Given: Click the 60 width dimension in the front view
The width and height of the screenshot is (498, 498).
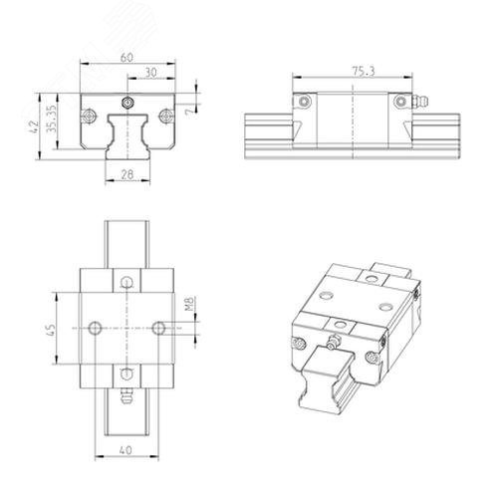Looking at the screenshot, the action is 126,58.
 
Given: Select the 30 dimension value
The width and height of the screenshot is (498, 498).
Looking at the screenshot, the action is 151,73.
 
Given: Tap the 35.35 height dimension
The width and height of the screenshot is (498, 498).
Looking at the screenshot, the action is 52,119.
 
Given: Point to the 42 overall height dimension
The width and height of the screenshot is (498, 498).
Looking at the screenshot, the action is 34,126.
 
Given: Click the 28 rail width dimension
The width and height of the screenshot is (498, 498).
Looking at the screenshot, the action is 127,174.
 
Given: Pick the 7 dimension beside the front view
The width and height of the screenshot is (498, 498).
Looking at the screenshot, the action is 189,112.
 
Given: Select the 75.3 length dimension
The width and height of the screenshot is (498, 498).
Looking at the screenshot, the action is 364,72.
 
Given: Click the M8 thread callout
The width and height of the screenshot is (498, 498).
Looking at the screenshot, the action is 189,304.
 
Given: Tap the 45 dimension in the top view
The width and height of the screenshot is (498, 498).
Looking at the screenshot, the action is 52,331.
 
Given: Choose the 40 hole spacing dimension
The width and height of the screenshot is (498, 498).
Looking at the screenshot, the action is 125,450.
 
